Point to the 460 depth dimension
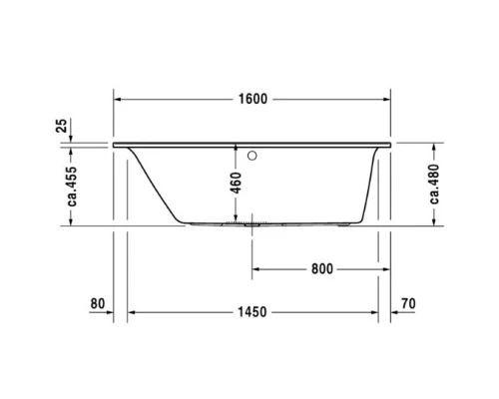pos(235,184)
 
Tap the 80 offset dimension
pos(97,303)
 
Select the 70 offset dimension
pos(406,303)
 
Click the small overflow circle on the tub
pos(251,156)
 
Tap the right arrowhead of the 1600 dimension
pos(388,100)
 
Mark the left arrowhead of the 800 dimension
pos(254,269)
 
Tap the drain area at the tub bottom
pos(249,224)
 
